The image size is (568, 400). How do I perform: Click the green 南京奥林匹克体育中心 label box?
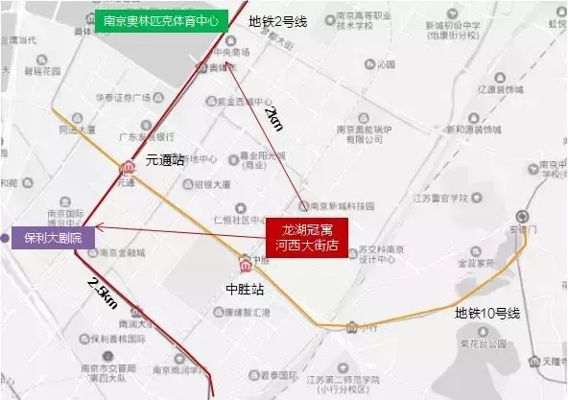(160, 20)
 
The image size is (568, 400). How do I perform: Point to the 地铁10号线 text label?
(486, 314)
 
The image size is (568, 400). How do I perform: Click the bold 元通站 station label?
(164, 161)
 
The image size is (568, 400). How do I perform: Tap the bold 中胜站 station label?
(244, 286)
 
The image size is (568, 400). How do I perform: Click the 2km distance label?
(274, 121)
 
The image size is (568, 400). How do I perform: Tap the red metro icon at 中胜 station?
(247, 262)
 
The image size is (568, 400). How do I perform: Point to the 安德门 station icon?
(521, 216)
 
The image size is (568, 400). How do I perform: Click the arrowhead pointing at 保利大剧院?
(99, 227)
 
